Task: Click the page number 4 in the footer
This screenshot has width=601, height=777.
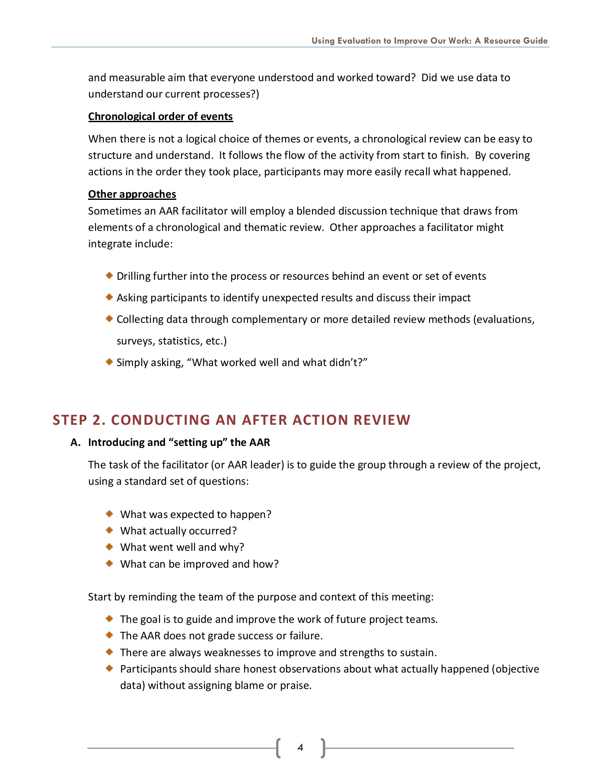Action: tap(300, 748)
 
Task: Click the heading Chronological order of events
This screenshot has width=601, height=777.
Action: tap(160, 117)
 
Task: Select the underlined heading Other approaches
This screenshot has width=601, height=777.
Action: tap(132, 194)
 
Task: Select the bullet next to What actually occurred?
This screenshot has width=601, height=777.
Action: tap(109, 530)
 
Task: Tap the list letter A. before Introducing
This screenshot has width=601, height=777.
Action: tap(76, 442)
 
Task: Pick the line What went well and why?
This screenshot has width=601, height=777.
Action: tap(182, 547)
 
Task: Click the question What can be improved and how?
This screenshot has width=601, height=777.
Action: tap(199, 564)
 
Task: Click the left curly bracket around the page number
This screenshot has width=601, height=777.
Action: tap(278, 748)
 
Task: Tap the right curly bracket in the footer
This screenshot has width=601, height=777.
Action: tap(323, 748)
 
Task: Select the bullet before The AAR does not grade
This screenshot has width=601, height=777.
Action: tap(109, 635)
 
